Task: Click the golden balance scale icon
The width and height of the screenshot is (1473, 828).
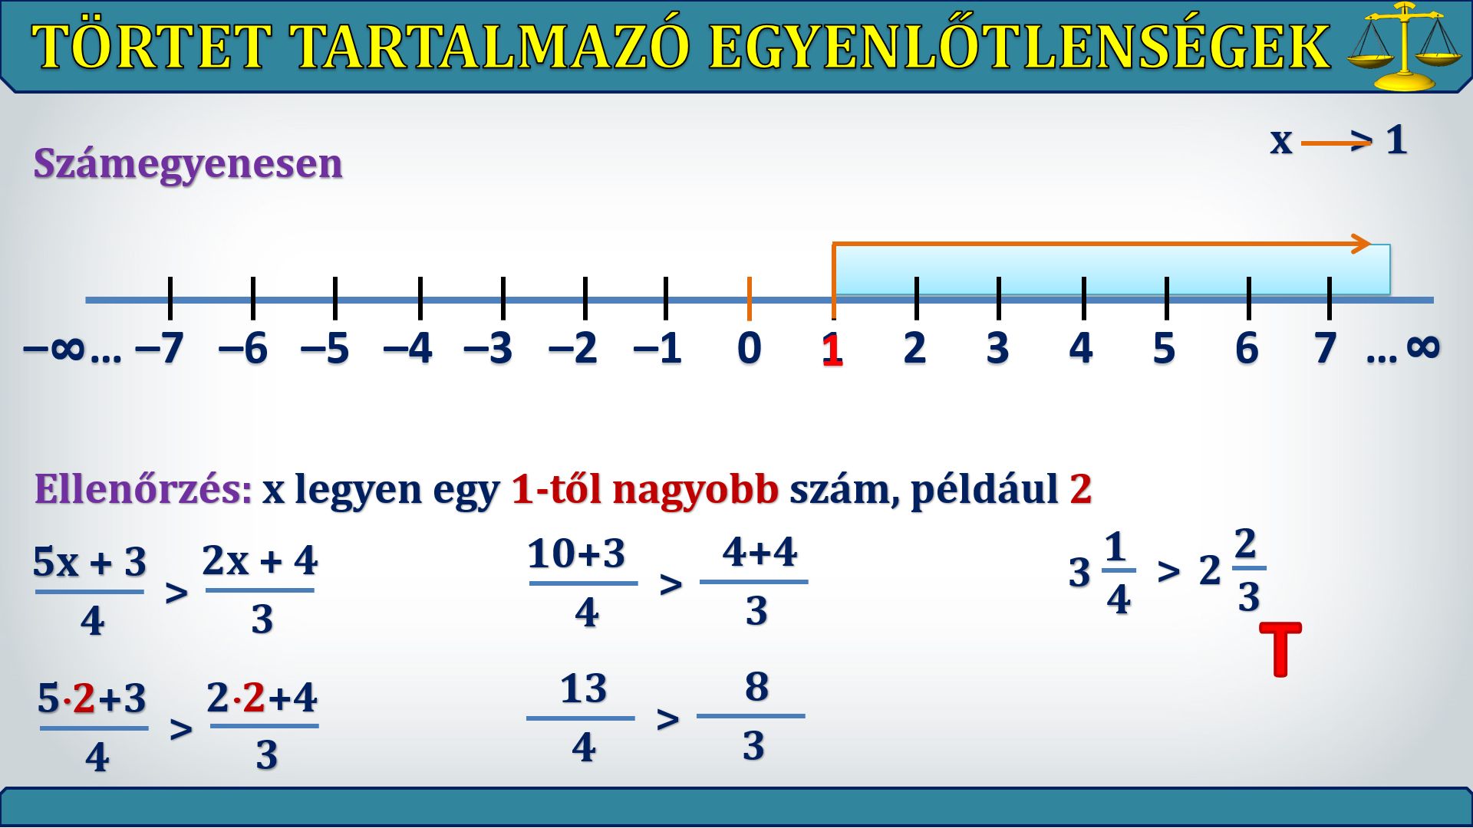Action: [x=1405, y=46]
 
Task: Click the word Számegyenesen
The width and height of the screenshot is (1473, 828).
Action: [x=188, y=163]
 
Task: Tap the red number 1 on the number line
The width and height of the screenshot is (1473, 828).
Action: [x=832, y=350]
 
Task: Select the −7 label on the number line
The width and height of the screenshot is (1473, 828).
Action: [x=160, y=348]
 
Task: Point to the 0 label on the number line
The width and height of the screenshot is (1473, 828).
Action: [x=750, y=348]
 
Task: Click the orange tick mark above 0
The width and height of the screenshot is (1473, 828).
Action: [x=750, y=298]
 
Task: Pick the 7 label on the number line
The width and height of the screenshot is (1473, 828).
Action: [x=1325, y=348]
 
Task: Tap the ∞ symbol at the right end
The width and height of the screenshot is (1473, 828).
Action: [x=1423, y=347]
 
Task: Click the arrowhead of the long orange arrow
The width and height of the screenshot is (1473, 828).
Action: [x=1363, y=244]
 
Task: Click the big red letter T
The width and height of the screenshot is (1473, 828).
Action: [x=1280, y=649]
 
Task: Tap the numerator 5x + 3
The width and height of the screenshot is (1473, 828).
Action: [x=90, y=562]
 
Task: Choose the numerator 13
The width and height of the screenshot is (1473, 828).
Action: [x=583, y=688]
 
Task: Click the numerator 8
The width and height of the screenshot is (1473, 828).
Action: [x=756, y=686]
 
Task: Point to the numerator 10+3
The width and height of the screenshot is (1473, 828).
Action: [x=576, y=554]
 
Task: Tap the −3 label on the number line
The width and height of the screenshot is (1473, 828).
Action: [x=488, y=348]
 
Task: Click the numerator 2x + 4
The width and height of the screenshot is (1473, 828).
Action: [x=260, y=560]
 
